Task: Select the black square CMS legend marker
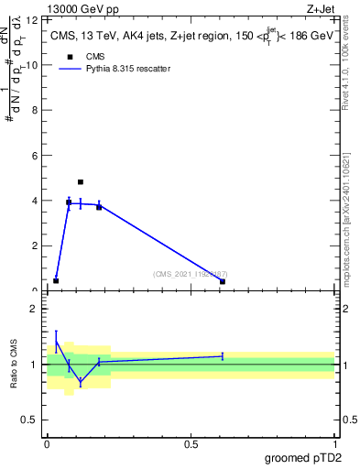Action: coord(69,57)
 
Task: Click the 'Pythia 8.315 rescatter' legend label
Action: coord(128,69)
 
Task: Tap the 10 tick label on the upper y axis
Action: coord(33,65)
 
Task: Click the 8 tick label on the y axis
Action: coord(36,110)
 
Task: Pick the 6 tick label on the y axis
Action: coord(36,156)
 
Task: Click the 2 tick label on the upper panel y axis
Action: coord(36,245)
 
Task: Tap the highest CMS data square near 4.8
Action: coord(81,182)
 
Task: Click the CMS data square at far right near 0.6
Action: coord(223,281)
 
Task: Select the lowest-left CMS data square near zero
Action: coord(56,280)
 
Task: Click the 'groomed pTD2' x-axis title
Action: coord(303,456)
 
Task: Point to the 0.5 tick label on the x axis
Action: coord(191,443)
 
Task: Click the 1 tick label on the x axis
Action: coord(334,443)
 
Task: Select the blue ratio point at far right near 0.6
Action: coord(223,355)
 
